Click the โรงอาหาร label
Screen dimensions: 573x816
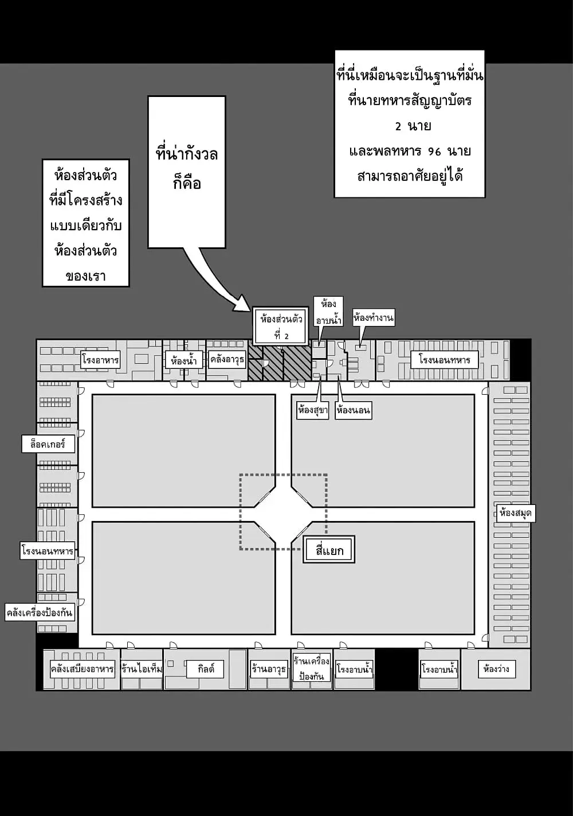100,360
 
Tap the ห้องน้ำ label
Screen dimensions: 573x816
184,360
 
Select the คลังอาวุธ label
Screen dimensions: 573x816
227,360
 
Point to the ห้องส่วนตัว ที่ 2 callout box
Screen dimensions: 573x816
281,326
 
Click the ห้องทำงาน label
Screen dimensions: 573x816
373,318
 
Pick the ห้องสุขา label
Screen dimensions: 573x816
313,410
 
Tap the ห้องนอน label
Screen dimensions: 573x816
354,410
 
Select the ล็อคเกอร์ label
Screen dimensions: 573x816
48,444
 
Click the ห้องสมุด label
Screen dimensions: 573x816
516,513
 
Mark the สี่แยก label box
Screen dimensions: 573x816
329,549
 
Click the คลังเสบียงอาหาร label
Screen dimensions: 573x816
82,669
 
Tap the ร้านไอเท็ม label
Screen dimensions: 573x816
142,669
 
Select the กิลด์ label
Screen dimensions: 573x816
205,669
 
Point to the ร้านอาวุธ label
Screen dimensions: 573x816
269,669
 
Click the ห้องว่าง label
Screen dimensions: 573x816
497,669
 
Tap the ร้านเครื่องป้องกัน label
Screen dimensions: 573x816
311,669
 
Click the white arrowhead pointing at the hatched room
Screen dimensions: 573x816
242,305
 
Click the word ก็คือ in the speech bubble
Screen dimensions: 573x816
187,182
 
